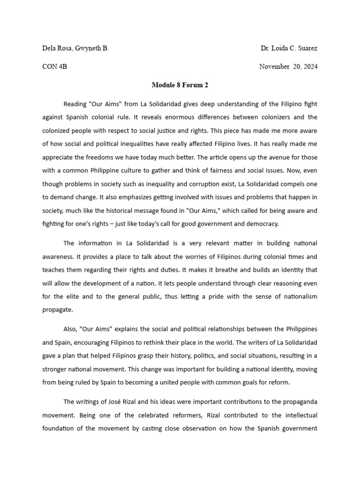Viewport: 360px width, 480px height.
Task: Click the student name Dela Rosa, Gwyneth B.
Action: (75, 48)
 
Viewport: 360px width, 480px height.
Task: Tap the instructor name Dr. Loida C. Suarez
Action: (289, 48)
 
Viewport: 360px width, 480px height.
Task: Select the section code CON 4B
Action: (55, 67)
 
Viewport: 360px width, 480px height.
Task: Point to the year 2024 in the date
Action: (309, 67)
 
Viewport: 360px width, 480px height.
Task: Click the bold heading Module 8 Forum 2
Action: (180, 85)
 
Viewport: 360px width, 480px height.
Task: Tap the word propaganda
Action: (297, 402)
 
